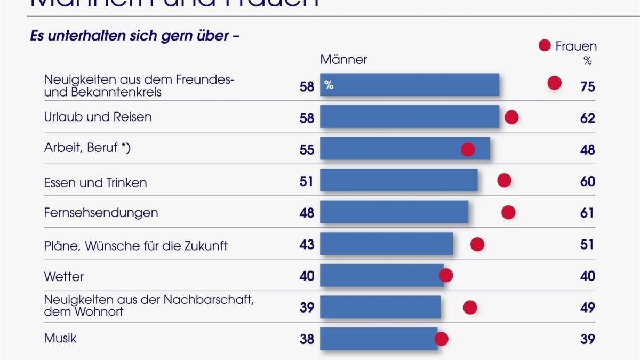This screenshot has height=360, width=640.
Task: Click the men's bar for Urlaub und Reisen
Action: (x=410, y=116)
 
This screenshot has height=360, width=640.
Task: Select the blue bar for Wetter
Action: (x=382, y=275)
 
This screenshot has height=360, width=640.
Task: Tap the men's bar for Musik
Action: (x=379, y=339)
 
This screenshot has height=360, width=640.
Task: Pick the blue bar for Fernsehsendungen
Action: (x=394, y=212)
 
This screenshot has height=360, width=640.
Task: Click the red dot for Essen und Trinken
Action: (x=504, y=180)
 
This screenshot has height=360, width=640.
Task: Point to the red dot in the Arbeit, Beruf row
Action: (x=468, y=149)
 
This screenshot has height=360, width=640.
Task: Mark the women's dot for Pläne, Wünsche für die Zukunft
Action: (x=477, y=244)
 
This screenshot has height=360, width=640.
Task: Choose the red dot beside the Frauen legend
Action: (x=545, y=46)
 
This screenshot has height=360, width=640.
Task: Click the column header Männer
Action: (x=343, y=59)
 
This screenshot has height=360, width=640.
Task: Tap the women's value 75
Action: (x=588, y=86)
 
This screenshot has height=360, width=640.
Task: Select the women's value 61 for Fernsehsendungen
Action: (x=588, y=213)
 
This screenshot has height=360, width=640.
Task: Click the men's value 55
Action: (x=307, y=150)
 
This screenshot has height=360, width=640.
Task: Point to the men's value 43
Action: (x=307, y=245)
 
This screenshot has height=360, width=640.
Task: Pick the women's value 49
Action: (x=588, y=308)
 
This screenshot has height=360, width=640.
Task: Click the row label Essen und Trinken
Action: (x=95, y=182)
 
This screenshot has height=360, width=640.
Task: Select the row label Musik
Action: (x=60, y=338)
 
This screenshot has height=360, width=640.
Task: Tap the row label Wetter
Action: (x=64, y=277)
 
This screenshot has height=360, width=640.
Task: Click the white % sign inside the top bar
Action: (x=329, y=84)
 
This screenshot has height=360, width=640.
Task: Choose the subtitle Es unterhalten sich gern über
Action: (x=135, y=37)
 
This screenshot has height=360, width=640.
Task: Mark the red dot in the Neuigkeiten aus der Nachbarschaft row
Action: (x=470, y=307)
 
